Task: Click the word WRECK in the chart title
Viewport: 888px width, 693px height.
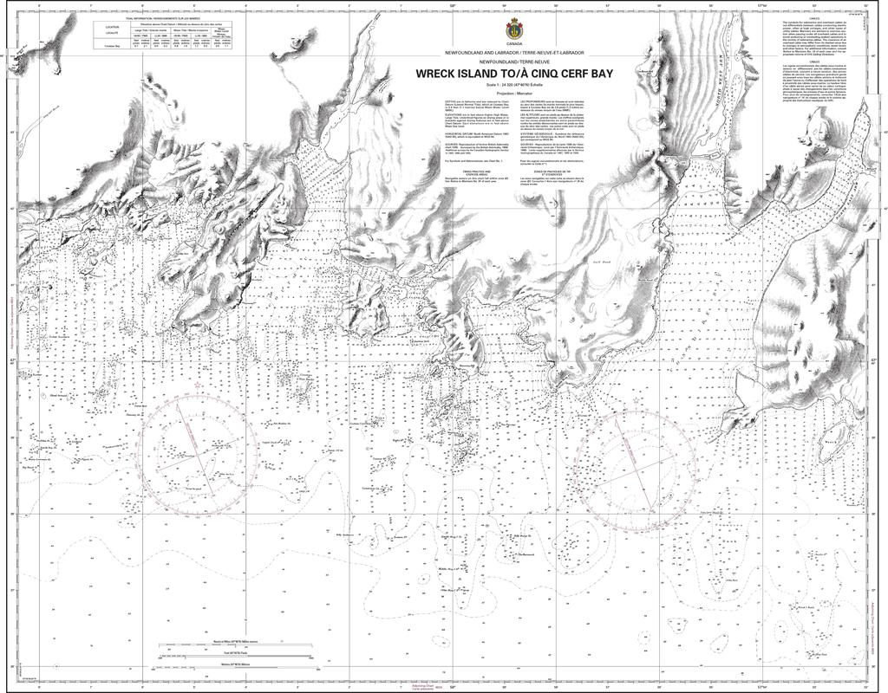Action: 439,74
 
